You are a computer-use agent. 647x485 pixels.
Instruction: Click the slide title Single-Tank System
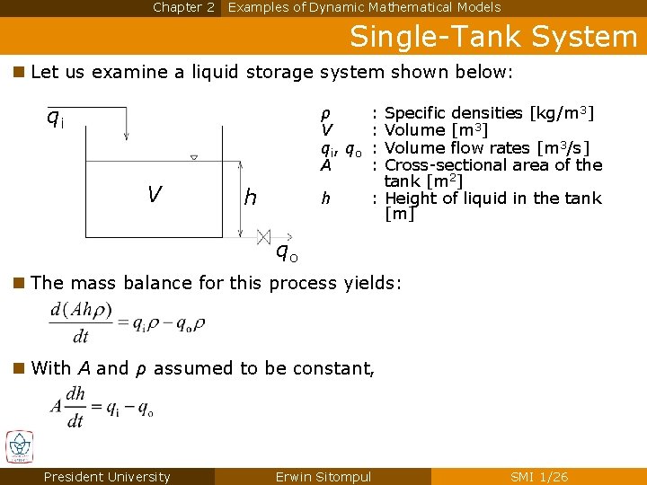492,37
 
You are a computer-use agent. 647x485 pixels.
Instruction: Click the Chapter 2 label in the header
183,7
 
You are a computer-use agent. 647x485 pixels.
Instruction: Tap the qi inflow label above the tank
55,117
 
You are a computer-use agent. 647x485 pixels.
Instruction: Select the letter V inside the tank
155,194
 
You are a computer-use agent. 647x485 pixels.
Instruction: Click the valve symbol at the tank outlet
263,237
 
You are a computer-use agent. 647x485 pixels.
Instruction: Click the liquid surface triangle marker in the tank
193,158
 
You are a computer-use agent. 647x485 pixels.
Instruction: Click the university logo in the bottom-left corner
19,447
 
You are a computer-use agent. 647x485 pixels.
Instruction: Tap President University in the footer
107,477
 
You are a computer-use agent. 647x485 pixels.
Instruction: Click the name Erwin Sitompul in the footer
323,477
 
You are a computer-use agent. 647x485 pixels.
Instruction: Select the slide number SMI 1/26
539,477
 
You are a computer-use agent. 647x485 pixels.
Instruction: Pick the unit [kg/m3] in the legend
562,113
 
